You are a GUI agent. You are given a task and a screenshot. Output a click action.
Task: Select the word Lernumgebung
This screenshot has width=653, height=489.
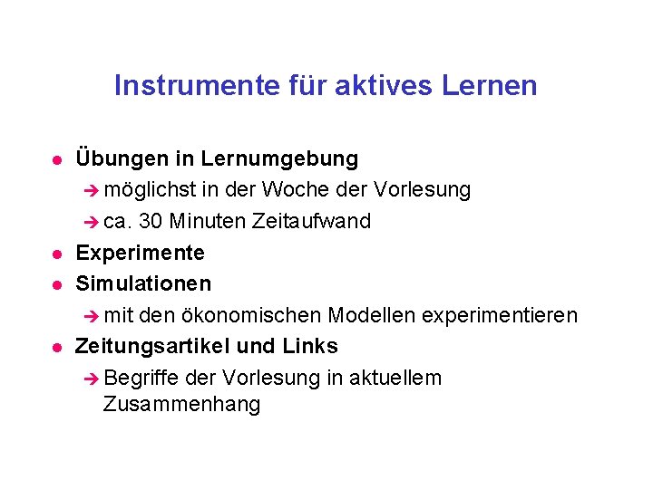click(279, 159)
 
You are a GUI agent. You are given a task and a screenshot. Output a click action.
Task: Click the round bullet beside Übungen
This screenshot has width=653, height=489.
click(55, 160)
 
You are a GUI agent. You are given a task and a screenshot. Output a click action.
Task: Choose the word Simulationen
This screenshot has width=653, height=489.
click(143, 284)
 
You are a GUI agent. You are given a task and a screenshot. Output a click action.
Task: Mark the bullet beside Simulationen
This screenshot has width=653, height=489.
click(55, 285)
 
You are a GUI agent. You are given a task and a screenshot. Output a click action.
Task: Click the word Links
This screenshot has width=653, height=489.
click(310, 347)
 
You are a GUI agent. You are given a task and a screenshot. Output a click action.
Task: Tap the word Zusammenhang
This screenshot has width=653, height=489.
click(181, 405)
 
